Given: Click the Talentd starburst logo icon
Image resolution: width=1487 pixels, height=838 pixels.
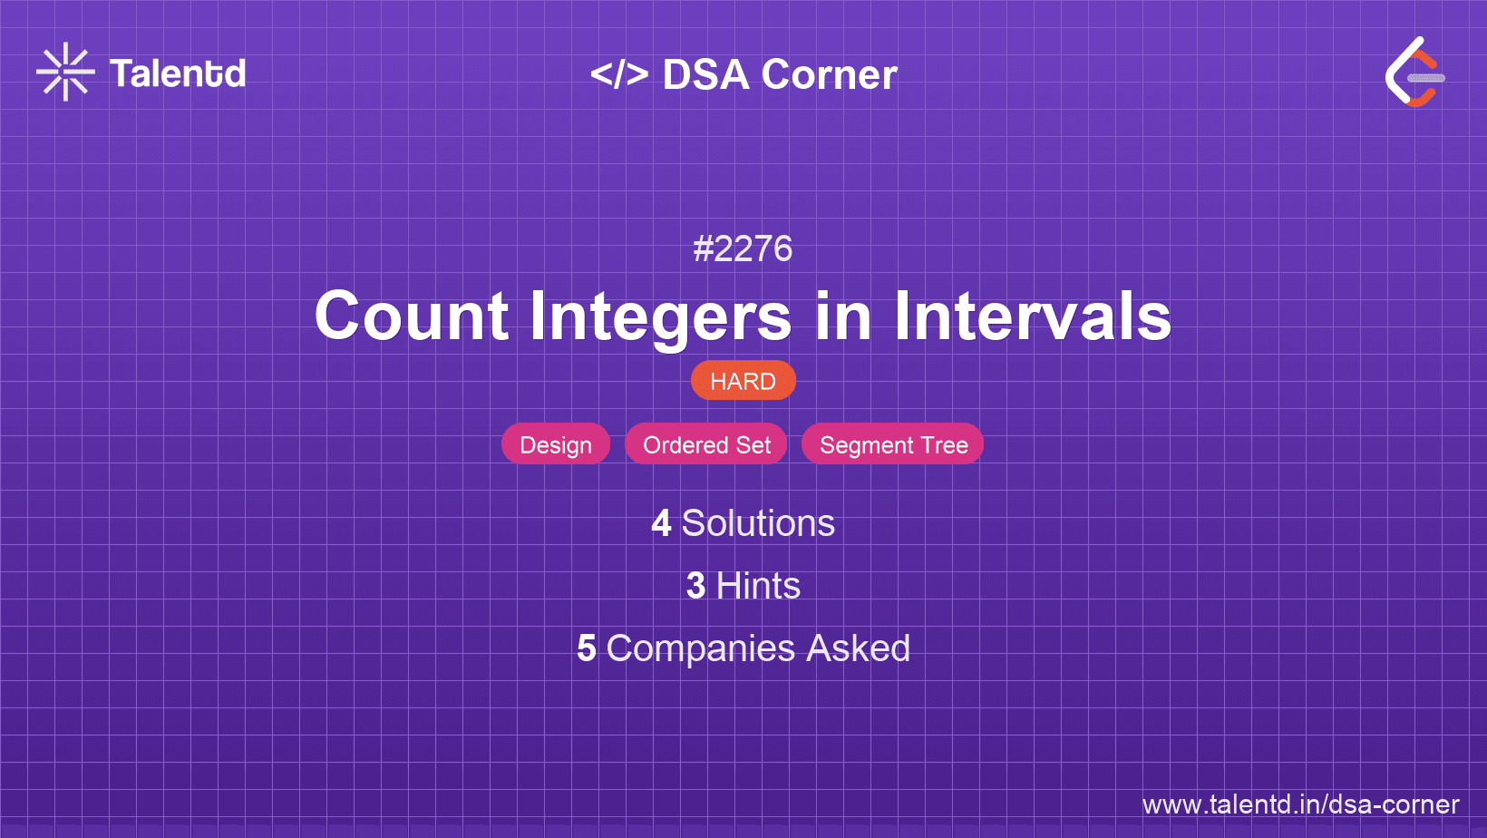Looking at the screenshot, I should [65, 72].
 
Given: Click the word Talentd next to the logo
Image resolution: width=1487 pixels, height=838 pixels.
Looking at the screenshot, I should [178, 73].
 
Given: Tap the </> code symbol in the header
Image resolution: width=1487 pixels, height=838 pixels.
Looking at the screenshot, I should [619, 73].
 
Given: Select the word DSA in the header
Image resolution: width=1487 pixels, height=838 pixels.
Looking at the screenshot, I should [705, 74].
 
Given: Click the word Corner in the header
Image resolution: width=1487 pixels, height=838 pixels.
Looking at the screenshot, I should [829, 74].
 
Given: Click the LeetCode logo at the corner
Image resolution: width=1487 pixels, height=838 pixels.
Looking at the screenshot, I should [1414, 73].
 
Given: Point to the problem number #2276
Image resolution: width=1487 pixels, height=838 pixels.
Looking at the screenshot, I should [743, 248].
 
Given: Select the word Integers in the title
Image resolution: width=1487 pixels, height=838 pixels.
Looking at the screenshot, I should [660, 317].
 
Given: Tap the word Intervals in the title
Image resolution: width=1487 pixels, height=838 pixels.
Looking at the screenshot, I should [1033, 317].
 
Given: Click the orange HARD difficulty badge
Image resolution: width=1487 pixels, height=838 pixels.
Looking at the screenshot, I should [743, 381].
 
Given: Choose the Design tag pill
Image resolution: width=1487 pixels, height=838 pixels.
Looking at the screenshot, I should [556, 444].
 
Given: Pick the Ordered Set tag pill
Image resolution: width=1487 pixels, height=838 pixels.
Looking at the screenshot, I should [706, 444].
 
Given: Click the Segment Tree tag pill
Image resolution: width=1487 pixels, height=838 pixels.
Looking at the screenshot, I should [893, 444].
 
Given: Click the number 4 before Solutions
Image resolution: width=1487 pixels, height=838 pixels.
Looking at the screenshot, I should [661, 523].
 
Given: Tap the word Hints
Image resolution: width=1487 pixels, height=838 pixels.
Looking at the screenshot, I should [758, 586].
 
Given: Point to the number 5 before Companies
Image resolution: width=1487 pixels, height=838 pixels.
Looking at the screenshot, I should [587, 648].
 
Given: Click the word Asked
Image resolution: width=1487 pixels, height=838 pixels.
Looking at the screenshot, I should [858, 648].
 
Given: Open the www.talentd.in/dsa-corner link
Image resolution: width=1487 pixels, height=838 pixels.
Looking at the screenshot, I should [1300, 804].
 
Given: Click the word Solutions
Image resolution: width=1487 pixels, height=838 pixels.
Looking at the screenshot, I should [758, 523].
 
